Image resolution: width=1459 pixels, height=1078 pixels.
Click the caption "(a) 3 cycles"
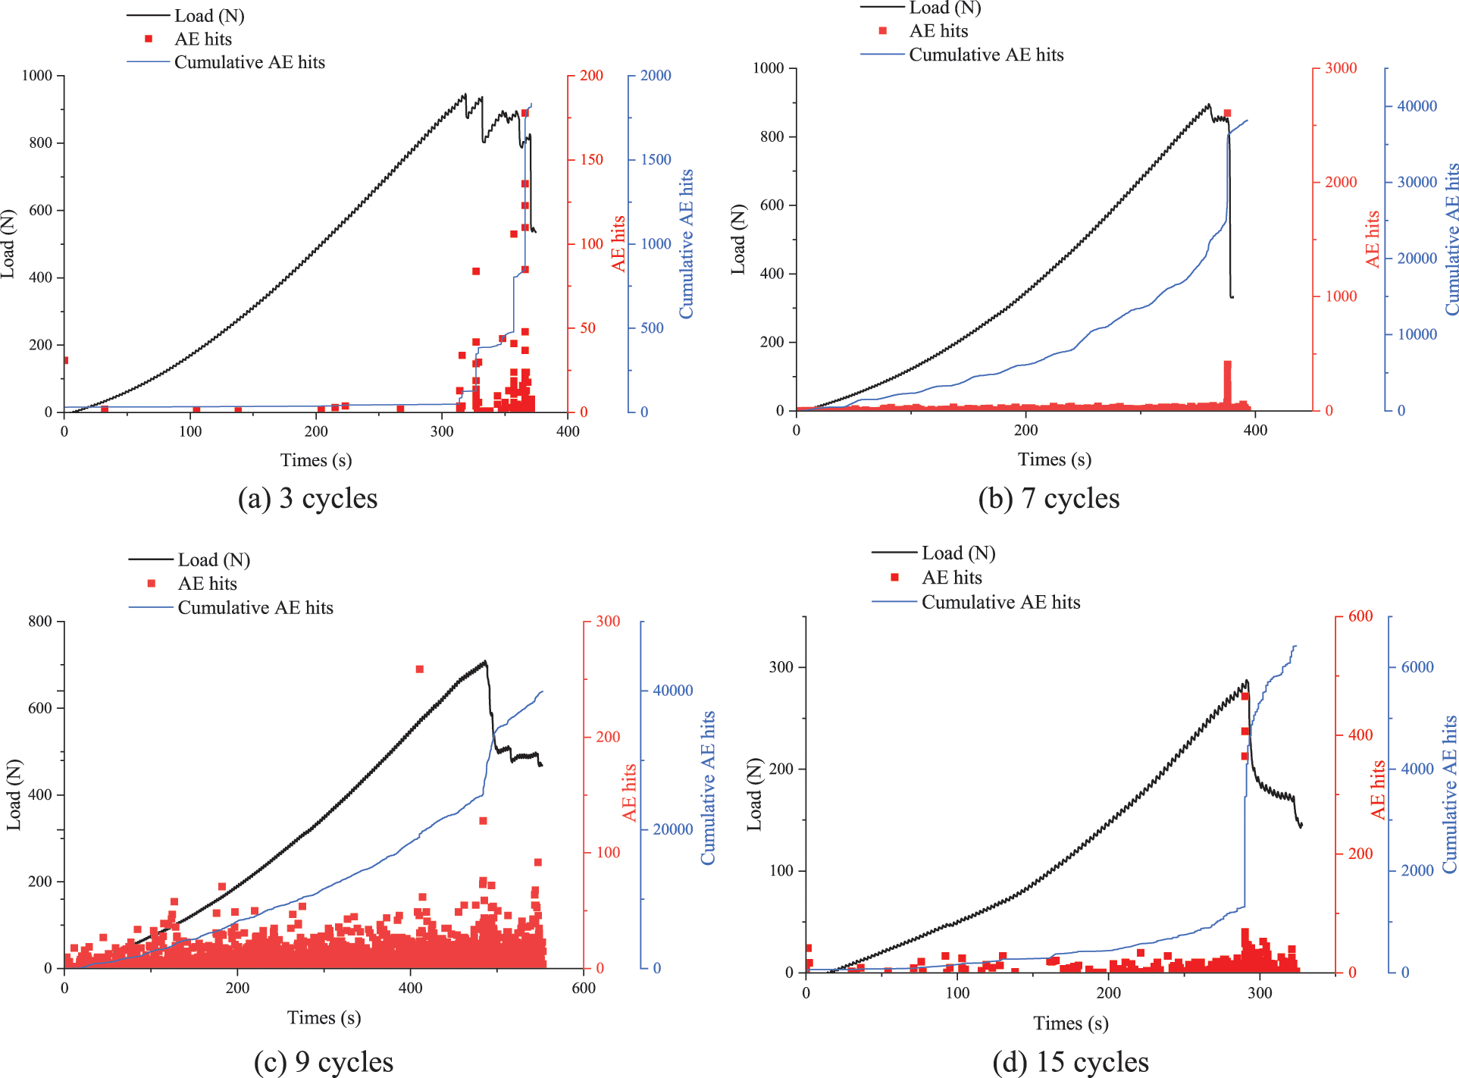coord(307,499)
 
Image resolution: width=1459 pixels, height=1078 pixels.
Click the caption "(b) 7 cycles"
coord(1048,499)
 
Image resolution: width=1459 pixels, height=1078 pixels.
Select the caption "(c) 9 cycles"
coord(324,1061)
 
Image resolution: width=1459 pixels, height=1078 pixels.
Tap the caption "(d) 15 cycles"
coord(1070,1061)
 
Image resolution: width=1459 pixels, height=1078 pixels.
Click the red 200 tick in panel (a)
coord(591,76)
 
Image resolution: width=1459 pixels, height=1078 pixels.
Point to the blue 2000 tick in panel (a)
coord(656,76)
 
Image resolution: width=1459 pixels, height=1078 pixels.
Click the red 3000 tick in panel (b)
coord(1341,68)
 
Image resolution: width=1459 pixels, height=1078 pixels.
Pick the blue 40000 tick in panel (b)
coord(1417,106)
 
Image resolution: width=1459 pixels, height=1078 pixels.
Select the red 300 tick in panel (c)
coord(608,622)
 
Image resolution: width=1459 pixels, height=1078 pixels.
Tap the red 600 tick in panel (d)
coord(1360,616)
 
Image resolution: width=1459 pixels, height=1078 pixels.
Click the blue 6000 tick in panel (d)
coord(1417,667)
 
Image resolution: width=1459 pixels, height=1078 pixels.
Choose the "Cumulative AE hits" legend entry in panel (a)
coord(249,62)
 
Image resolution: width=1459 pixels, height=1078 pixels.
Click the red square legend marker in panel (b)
coord(883,31)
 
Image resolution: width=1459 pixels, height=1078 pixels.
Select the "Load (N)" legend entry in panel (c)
coord(214,560)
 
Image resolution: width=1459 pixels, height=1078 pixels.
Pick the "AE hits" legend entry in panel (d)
coord(951,578)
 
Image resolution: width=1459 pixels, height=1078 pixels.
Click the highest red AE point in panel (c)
coord(419,669)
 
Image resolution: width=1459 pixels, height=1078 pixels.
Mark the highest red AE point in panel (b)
coord(1227,113)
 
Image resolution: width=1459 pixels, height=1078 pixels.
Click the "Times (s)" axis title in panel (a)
coord(316,460)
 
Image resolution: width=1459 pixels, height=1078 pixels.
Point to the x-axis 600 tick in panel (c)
coord(584,988)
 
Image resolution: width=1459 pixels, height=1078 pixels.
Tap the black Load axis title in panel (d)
coord(754,794)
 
